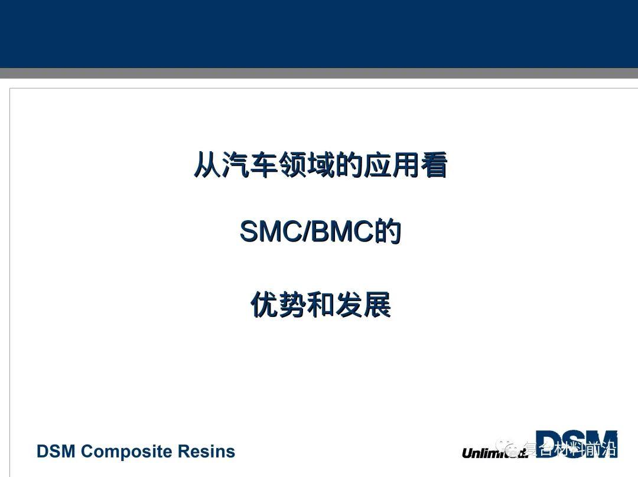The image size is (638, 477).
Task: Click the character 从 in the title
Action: tap(207, 165)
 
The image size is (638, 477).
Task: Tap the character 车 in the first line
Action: tap(264, 165)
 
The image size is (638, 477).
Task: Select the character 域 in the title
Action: tap(321, 165)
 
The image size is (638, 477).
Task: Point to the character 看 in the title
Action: tap(434, 165)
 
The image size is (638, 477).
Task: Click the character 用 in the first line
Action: tap(405, 165)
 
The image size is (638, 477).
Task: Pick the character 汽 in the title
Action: tap(236, 165)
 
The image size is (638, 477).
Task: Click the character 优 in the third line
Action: tap(264, 305)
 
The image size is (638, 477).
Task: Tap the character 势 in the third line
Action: tap(292, 305)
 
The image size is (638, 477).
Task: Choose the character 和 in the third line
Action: tap(321, 305)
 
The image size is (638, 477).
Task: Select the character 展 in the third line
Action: tap(377, 305)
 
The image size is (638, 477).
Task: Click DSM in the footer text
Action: tap(56, 452)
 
